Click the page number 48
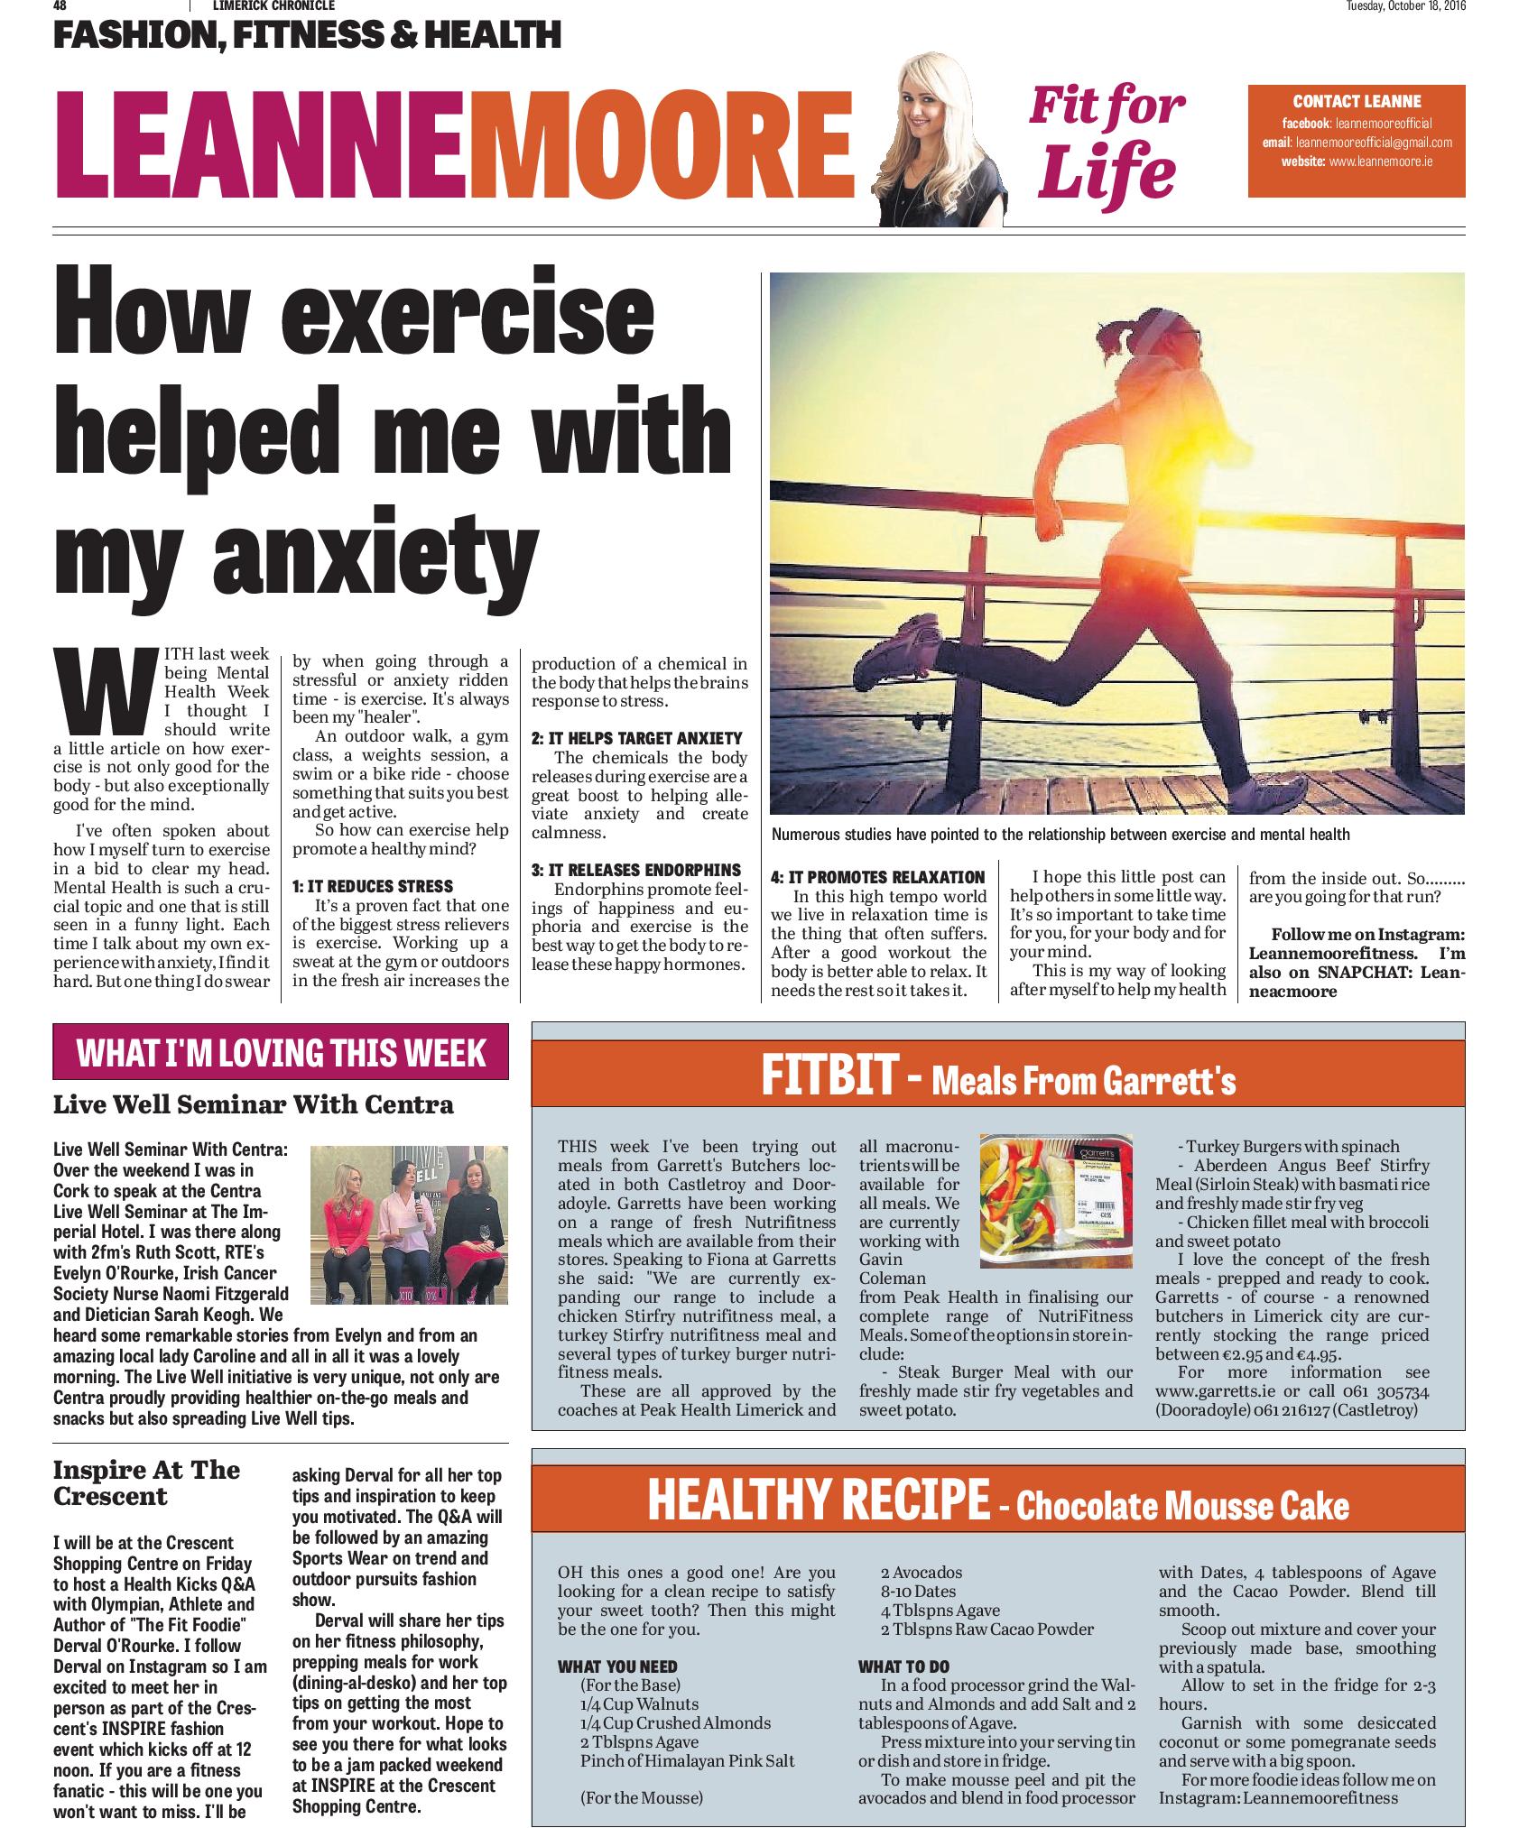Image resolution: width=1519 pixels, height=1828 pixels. (x=60, y=6)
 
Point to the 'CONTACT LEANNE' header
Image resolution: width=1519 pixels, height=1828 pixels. (x=1356, y=102)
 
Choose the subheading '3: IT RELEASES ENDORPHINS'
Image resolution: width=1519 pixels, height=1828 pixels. (x=635, y=870)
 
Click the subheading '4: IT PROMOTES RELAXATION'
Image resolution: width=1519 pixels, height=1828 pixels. (x=877, y=877)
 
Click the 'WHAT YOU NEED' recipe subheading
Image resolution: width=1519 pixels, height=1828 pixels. (x=617, y=1666)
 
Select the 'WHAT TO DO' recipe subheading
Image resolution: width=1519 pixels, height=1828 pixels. (x=903, y=1666)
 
